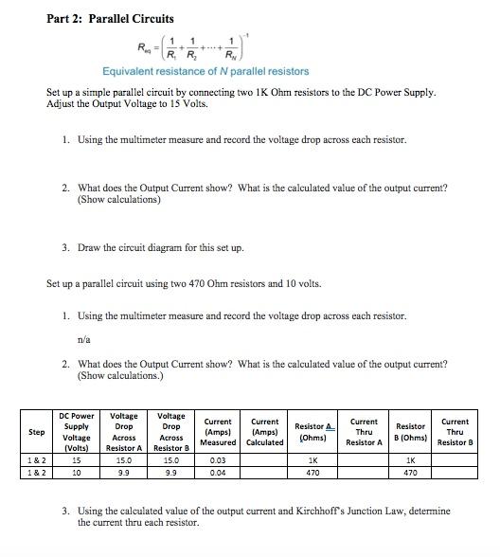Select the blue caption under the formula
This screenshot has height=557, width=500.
205,72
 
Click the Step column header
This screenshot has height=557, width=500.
36,432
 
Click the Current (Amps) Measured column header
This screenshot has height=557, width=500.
220,433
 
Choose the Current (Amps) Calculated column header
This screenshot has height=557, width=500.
265,433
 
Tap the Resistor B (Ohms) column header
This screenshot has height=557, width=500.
410,433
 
